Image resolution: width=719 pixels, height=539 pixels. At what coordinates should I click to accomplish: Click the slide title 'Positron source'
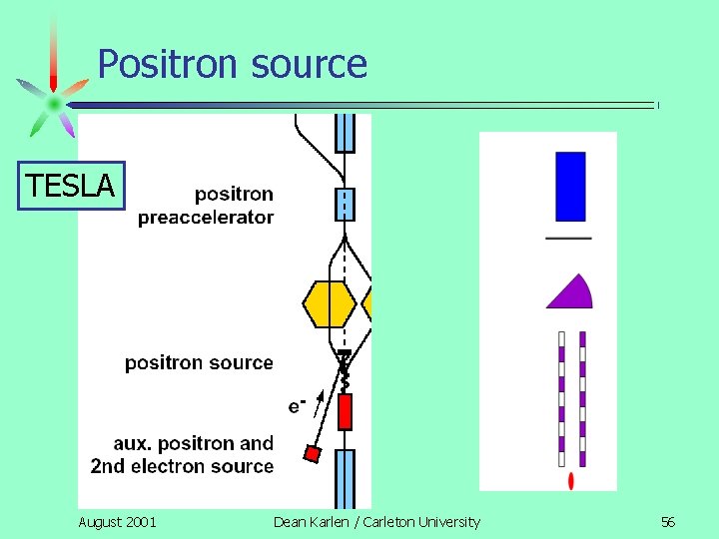click(x=232, y=65)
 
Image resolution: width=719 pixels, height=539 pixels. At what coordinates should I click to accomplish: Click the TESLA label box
click(x=72, y=186)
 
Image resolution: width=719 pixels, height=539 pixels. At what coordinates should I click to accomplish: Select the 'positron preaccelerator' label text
click(x=206, y=206)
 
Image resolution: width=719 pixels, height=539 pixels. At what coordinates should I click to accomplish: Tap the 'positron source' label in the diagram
click(x=199, y=362)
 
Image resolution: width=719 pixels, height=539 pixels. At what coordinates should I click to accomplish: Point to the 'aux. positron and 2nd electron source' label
click(x=182, y=455)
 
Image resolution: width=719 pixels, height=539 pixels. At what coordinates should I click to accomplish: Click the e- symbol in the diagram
click(x=296, y=404)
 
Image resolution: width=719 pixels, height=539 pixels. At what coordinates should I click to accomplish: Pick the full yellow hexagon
click(x=329, y=303)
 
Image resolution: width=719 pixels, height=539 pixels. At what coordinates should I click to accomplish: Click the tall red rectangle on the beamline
click(x=345, y=411)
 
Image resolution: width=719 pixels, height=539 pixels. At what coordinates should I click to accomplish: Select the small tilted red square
click(x=312, y=454)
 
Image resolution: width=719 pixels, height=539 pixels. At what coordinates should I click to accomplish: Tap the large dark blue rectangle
click(x=570, y=186)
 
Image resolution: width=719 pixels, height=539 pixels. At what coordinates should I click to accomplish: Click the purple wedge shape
click(x=571, y=292)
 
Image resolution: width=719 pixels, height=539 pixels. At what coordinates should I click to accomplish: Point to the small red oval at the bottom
click(x=570, y=481)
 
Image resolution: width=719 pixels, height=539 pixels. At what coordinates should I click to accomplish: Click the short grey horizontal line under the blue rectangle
click(x=568, y=238)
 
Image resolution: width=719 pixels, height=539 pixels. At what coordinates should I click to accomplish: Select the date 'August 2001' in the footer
click(x=117, y=522)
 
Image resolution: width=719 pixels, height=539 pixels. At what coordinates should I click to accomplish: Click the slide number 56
click(x=667, y=522)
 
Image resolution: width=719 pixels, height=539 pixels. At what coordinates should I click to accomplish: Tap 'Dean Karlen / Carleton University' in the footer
click(x=376, y=522)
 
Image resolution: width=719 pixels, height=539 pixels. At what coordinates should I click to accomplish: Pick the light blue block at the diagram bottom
click(x=345, y=479)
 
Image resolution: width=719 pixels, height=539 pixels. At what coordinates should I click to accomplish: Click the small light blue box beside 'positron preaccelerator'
click(x=345, y=204)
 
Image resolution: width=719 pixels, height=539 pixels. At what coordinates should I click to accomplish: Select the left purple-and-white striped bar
click(x=561, y=399)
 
